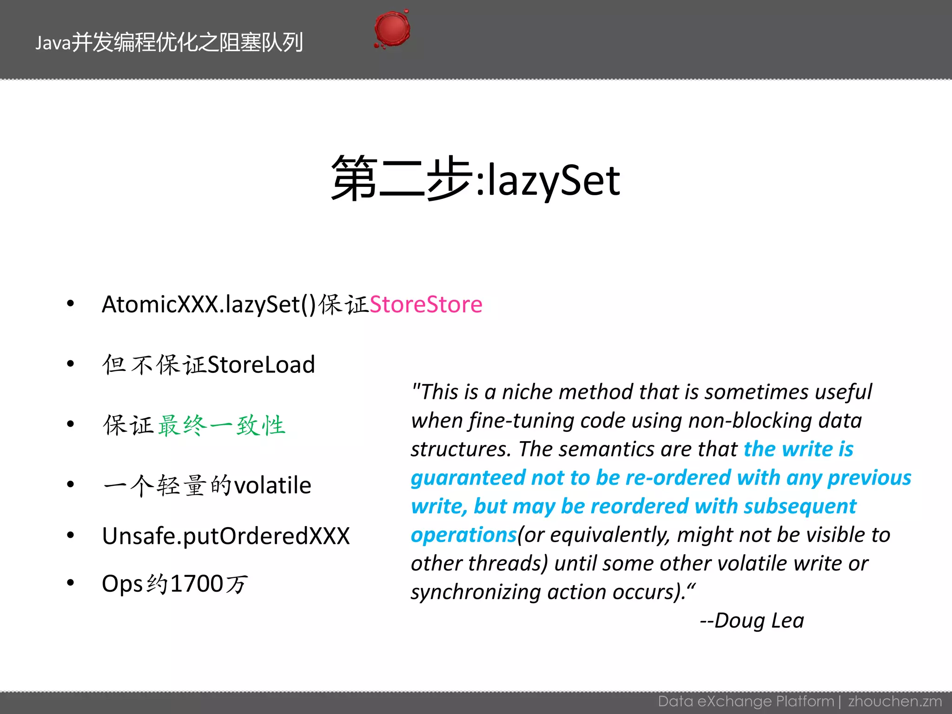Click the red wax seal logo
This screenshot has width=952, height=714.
click(392, 29)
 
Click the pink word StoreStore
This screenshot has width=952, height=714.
click(426, 305)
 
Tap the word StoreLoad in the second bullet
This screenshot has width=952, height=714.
click(261, 365)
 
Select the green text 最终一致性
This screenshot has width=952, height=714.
click(221, 425)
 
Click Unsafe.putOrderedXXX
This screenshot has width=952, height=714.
click(225, 536)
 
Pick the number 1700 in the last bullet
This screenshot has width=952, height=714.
click(197, 584)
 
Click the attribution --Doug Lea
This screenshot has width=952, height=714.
click(752, 621)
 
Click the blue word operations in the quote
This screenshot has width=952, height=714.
click(463, 535)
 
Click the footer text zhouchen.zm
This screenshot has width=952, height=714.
click(895, 701)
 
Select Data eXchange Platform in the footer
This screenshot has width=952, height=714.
click(746, 701)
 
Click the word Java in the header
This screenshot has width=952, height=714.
click(53, 43)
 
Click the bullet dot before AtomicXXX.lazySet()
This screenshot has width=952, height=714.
click(71, 304)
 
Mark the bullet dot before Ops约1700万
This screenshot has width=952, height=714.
click(71, 583)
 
